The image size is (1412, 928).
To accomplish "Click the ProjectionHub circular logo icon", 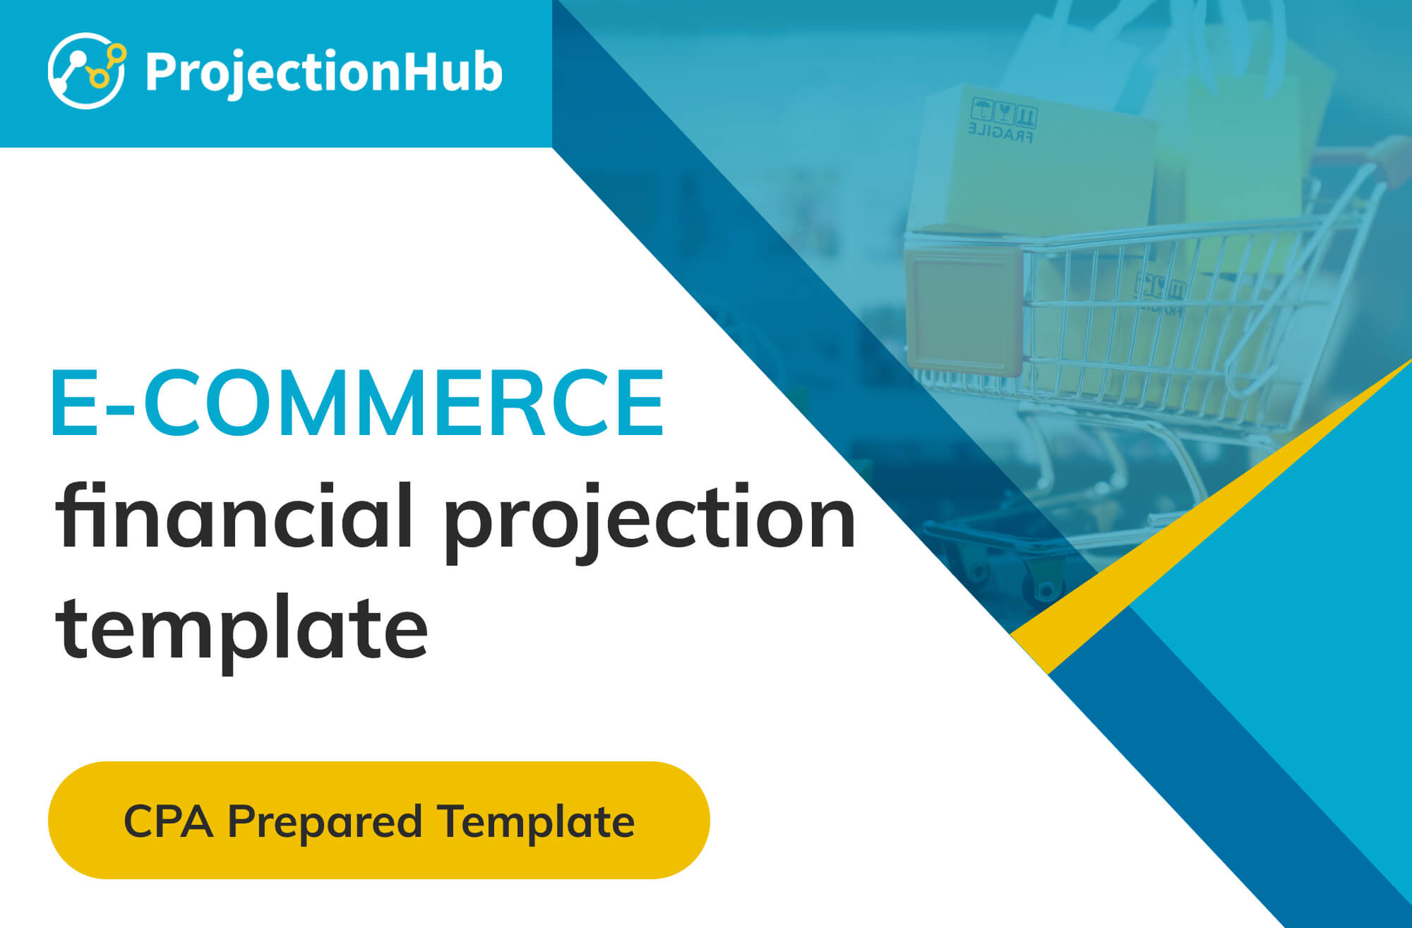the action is pyautogui.click(x=87, y=71).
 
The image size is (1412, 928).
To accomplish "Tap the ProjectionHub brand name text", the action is pyautogui.click(x=324, y=73).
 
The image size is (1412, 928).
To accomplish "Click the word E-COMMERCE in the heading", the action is pyautogui.click(x=357, y=402).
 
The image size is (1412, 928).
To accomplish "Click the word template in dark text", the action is pyautogui.click(x=242, y=629).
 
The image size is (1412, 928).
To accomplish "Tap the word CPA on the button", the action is pyautogui.click(x=168, y=821).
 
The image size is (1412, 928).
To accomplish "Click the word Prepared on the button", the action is pyautogui.click(x=325, y=823).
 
